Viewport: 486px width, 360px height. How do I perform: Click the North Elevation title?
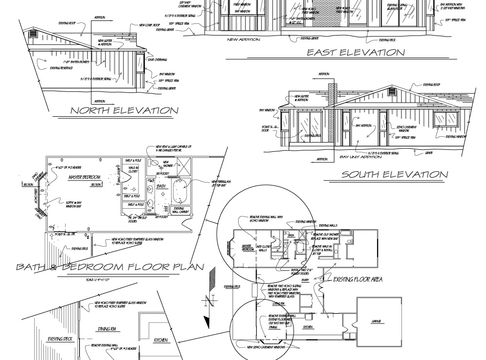tap(124, 110)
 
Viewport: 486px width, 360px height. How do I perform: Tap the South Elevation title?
tap(394, 174)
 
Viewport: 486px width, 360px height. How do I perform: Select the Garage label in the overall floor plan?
tap(377, 321)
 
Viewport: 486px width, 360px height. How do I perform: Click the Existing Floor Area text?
tap(358, 279)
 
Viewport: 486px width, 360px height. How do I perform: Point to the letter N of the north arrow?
tap(210, 301)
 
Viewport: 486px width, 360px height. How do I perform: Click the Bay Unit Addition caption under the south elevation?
tap(361, 157)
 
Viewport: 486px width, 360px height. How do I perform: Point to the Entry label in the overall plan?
tap(306, 280)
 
